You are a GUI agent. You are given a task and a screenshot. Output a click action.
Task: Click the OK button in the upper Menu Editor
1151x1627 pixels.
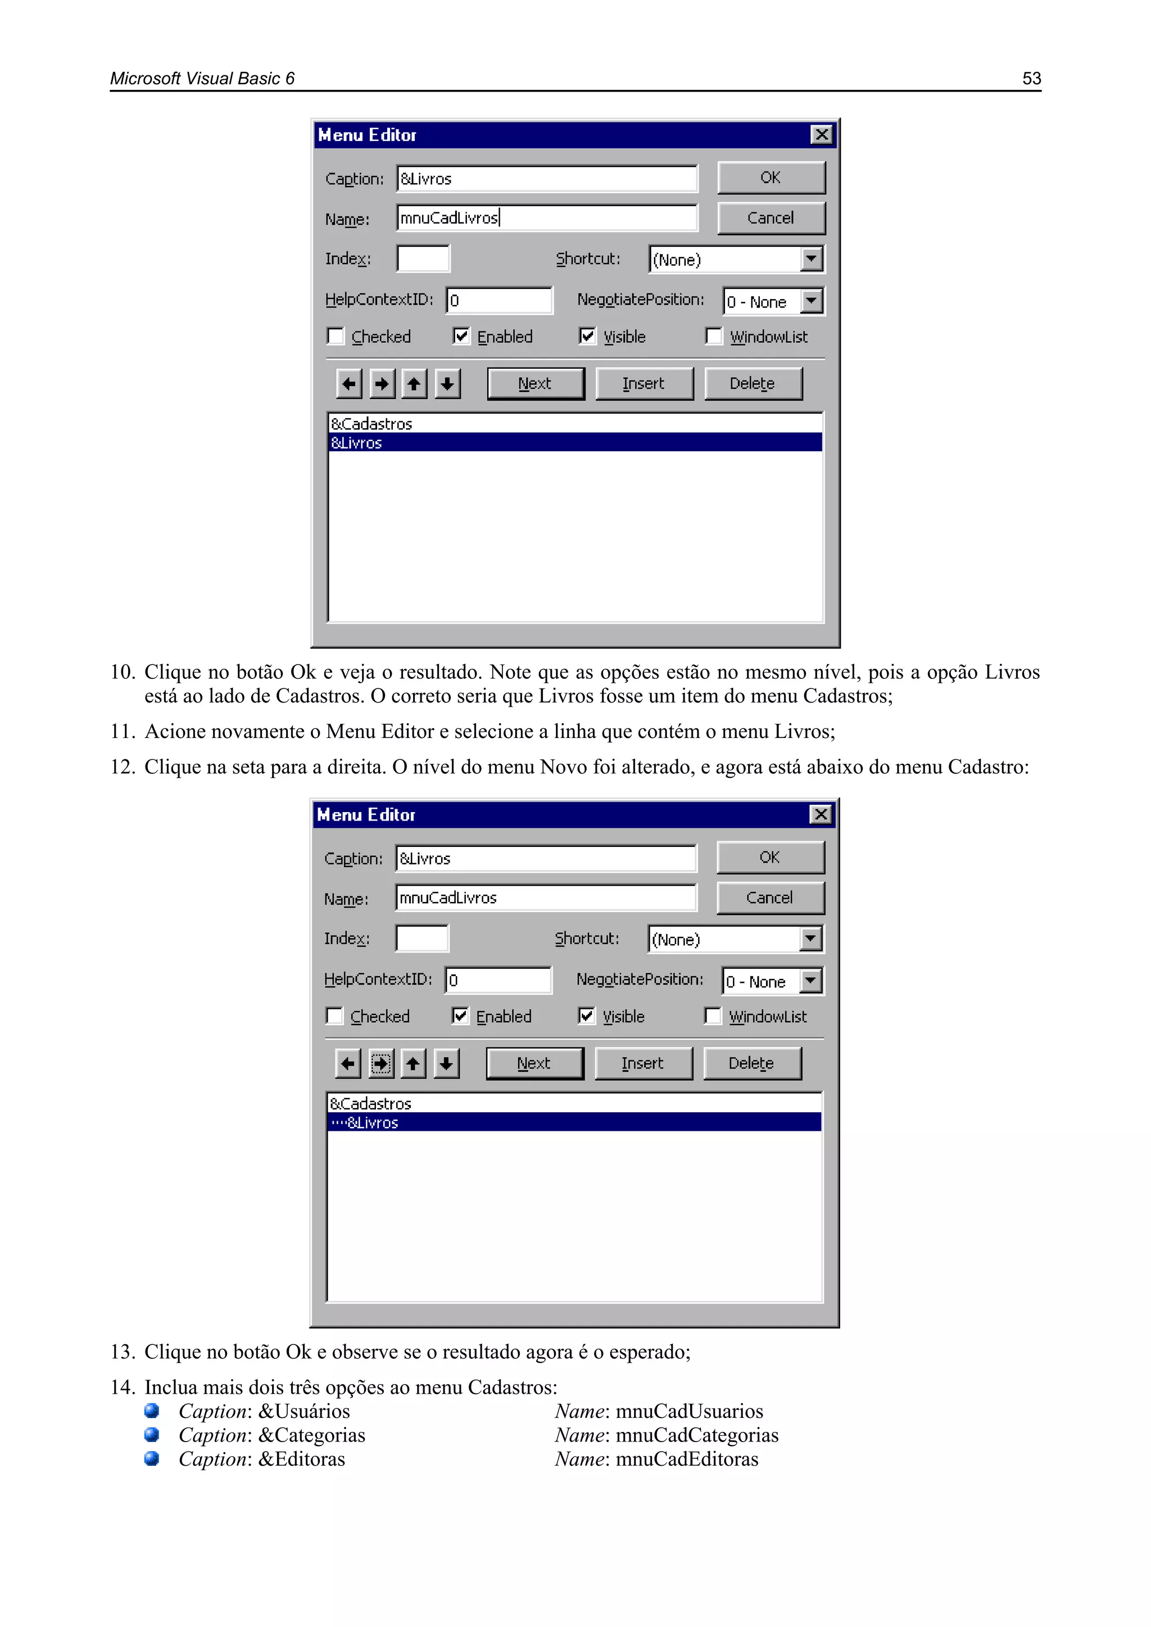click(771, 177)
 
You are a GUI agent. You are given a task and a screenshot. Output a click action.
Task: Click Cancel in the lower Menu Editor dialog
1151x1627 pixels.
click(770, 898)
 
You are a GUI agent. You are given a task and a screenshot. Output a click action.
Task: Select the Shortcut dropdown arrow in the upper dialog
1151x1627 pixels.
click(812, 259)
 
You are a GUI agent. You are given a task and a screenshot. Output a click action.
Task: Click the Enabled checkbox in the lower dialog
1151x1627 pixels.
click(460, 1016)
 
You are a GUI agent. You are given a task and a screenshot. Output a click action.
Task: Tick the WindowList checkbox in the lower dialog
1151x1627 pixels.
click(713, 1016)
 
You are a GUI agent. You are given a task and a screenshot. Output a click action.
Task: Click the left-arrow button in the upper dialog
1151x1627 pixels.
click(348, 383)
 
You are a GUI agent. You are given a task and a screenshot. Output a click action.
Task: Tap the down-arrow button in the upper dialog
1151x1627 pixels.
click(447, 383)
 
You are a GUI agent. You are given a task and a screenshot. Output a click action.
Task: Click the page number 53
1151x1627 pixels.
click(1031, 78)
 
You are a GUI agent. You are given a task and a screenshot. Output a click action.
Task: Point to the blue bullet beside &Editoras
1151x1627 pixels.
click(152, 1458)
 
